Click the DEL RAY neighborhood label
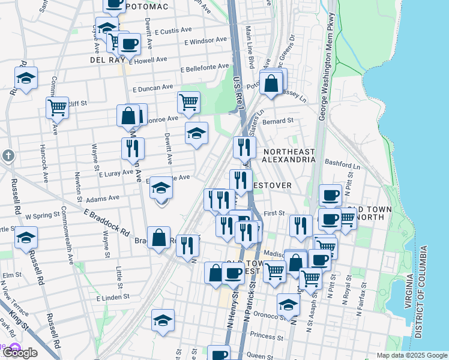tap(106, 61)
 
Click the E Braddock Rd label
tap(107, 222)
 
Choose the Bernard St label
tap(282, 121)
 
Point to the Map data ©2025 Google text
tap(412, 355)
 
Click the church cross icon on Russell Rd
tap(8, 156)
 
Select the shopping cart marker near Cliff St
tap(58, 108)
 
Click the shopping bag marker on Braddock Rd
tap(158, 237)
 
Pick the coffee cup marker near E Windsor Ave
tap(129, 44)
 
